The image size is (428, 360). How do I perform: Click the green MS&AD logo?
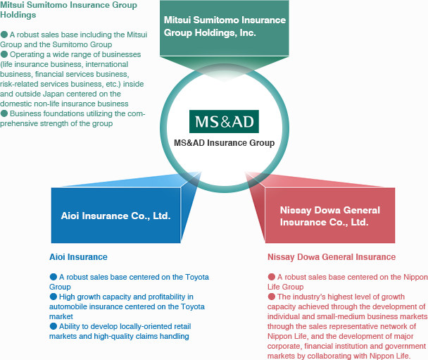224,122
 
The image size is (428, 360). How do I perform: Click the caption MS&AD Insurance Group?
225,142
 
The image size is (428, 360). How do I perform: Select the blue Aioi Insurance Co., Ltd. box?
115,216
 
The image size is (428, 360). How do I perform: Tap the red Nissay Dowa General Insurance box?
330,216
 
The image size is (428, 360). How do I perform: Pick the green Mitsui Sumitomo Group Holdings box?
225,28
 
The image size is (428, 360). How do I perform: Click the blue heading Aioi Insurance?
78,257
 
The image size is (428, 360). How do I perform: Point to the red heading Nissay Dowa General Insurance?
332,257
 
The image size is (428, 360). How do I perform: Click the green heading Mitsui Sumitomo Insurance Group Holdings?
68,10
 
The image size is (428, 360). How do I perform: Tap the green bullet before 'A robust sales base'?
4,35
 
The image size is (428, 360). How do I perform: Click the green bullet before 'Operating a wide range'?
4,54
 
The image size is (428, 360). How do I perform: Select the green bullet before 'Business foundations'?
4,113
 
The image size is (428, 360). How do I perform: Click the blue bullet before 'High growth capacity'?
53,297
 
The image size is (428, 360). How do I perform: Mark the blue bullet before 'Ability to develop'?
53,326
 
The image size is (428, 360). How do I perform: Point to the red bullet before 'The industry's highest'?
272,297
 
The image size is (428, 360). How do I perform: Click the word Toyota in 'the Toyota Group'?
197,278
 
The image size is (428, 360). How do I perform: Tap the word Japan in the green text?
53,94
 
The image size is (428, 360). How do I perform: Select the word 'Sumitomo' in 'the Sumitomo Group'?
69,44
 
